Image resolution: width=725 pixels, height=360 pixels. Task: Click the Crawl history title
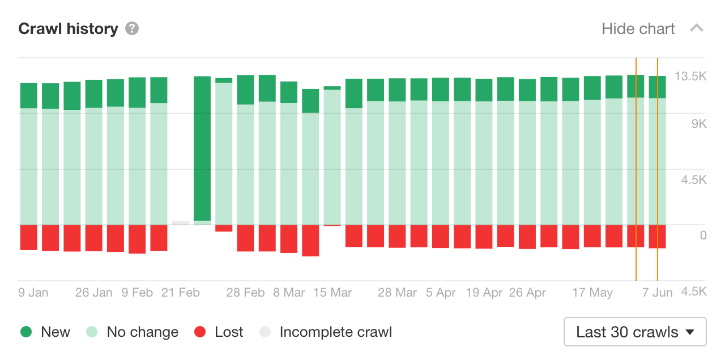point(68,29)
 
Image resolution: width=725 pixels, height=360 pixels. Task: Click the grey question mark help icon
point(132,28)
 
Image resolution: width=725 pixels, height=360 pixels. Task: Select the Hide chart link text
point(638,29)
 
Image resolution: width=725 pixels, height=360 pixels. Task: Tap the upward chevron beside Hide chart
point(697,28)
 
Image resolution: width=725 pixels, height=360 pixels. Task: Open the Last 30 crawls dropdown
point(635,332)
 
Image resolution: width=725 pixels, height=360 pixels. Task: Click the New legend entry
point(45,332)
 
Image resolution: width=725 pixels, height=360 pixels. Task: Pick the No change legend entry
point(132,332)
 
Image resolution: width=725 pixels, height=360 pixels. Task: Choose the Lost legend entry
point(219,332)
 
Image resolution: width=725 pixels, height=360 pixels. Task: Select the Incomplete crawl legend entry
point(325,332)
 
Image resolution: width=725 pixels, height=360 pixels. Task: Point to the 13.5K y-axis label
point(690,76)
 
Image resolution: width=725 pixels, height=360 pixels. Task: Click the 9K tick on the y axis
point(698,124)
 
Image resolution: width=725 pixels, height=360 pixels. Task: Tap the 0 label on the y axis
point(703,235)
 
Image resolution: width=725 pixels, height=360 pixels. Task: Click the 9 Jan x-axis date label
point(33,293)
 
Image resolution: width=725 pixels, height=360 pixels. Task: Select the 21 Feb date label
point(181,293)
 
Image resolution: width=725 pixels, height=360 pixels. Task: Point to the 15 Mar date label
point(332,293)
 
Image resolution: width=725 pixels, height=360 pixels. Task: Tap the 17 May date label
point(592,293)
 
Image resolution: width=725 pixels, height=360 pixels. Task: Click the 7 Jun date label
point(657,293)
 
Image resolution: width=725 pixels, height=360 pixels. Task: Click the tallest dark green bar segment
point(202,148)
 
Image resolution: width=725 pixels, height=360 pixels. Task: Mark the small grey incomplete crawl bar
point(181,222)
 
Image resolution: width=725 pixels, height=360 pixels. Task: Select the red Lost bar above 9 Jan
point(29,237)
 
